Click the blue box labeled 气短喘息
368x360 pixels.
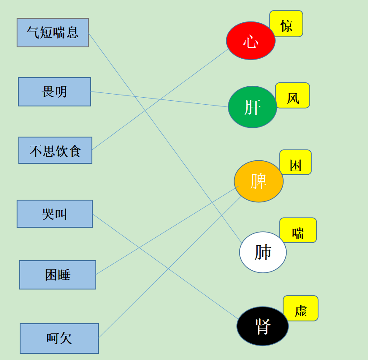[x=53, y=33]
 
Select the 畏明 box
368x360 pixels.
[x=54, y=92]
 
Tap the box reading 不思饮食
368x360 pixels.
[x=56, y=150]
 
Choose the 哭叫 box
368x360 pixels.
[x=55, y=214]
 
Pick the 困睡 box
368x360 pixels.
[x=58, y=275]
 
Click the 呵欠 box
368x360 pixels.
[x=60, y=339]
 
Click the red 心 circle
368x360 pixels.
[x=251, y=41]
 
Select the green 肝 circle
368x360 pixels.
[x=252, y=107]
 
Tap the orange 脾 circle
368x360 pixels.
[x=259, y=181]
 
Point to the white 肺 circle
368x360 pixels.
[x=263, y=252]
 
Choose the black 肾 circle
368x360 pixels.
[x=263, y=326]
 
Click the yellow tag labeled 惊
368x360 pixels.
[x=286, y=24]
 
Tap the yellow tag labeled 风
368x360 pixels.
[x=293, y=95]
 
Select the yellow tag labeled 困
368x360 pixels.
[x=295, y=162]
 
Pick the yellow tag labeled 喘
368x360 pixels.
[x=298, y=230]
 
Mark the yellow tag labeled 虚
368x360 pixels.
[x=301, y=308]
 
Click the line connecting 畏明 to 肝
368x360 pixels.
[x=160, y=99]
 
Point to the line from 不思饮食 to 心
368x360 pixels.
[x=160, y=99]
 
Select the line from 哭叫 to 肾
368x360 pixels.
[x=165, y=267]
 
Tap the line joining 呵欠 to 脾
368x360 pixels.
[x=170, y=267]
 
